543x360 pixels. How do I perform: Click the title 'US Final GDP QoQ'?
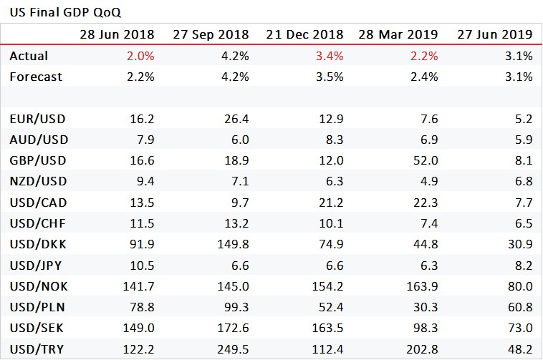pyautogui.click(x=50, y=12)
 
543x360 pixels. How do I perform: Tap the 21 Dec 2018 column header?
pyautogui.click(x=304, y=34)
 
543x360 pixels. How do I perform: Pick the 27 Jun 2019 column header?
pyautogui.click(x=494, y=34)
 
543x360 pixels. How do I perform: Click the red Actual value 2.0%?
pyautogui.click(x=140, y=56)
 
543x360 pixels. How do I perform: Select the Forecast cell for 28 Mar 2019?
pyautogui.click(x=424, y=77)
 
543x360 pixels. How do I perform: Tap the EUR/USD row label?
pyautogui.click(x=37, y=119)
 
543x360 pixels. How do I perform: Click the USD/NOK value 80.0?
pyautogui.click(x=519, y=286)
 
